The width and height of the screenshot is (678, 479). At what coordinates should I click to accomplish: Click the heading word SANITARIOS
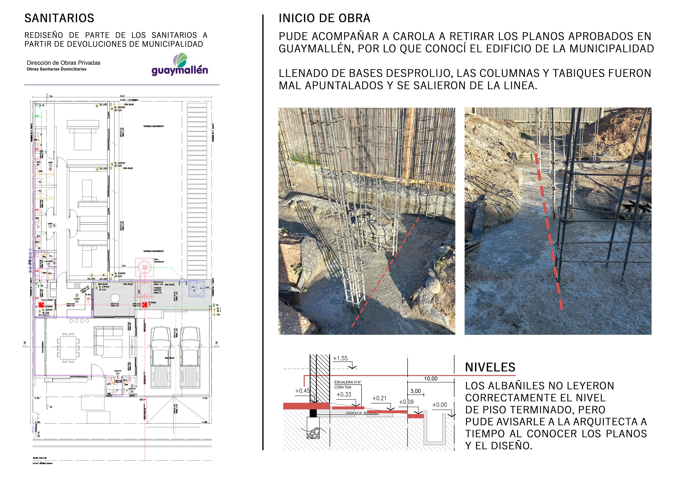(59, 18)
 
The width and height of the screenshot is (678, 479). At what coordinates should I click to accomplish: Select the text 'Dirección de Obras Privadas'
(63, 63)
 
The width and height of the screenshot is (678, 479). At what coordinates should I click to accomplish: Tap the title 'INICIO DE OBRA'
(324, 18)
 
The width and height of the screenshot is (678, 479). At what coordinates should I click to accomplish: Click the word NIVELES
(490, 367)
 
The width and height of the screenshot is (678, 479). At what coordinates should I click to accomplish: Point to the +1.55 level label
(340, 358)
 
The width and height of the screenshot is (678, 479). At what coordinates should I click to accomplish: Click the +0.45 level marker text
(302, 391)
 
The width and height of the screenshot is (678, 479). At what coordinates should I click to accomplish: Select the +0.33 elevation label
(344, 395)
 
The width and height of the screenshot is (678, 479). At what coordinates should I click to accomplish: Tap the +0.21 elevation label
(379, 398)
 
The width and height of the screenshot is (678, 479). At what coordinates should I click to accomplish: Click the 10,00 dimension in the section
(431, 379)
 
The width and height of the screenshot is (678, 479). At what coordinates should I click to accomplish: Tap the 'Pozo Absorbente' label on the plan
(159, 261)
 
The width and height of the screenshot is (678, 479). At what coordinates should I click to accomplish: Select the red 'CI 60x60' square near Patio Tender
(41, 305)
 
